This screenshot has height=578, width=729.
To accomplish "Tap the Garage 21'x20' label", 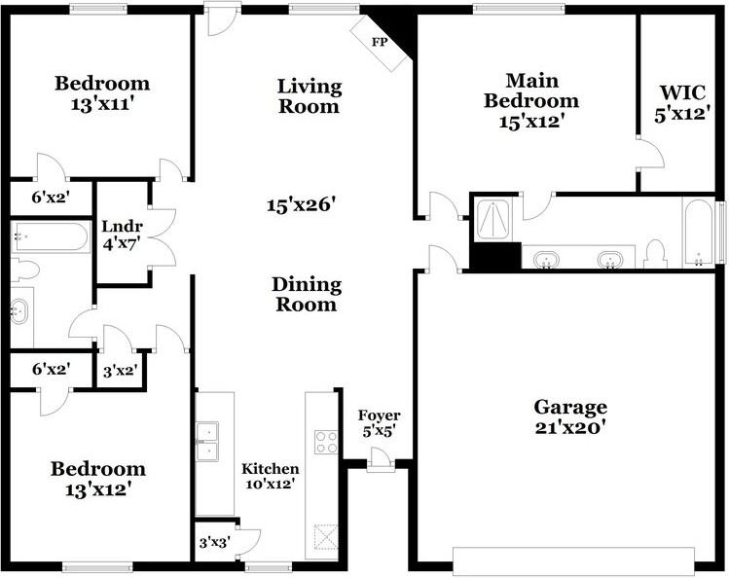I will point(570,416).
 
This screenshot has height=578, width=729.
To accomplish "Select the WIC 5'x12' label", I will point(680,102).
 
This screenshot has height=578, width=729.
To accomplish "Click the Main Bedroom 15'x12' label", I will point(530,100).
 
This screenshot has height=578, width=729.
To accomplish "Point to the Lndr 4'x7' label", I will point(122,235).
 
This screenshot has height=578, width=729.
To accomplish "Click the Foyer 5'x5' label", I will point(378,423).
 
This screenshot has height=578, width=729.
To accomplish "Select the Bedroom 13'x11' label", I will point(101,92).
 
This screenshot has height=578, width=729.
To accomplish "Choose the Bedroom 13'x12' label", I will point(97,479).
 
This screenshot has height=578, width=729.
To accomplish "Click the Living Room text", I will point(310,96).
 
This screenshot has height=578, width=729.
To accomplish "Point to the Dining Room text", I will point(306,294).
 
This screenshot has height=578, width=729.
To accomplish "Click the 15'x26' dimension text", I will point(302,205).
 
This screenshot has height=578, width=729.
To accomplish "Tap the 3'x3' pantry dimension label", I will point(212,543).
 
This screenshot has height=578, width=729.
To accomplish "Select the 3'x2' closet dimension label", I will point(120,371).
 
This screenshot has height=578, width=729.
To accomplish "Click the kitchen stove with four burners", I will point(325,441).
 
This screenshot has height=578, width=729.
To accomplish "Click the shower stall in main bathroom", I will point(494,219).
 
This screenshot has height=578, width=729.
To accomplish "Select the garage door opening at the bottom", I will point(573,561).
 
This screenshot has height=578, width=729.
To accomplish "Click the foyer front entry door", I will point(380,464).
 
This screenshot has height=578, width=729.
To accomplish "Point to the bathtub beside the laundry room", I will point(51,237).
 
